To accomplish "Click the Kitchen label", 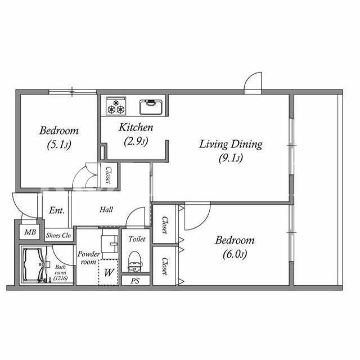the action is point(136,128).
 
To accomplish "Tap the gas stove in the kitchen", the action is point(116,106).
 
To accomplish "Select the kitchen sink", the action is point(151,107).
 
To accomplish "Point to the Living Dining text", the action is point(231,145).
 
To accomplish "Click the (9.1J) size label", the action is point(231,158).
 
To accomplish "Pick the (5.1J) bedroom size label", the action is point(59,145).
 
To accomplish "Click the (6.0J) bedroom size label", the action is point(235,254).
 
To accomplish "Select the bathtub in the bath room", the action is point(34,264).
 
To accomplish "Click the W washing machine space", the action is point(109,272).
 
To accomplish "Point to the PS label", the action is point(135,281).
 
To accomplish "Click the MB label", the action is point(30,232).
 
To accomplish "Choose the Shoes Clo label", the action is point(58,235).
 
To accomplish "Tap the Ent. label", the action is point(57,210).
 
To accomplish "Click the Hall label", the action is point(106,209).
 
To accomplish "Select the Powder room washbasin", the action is point(110,244).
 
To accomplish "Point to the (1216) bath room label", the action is point(60,278).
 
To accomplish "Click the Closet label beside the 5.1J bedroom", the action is point(109,175).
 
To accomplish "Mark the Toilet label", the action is point(137,239).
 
